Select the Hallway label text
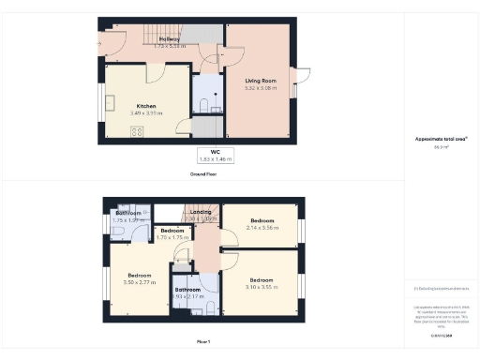tap(170, 39)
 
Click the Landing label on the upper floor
tap(200, 212)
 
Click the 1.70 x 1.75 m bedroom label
tap(172, 234)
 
